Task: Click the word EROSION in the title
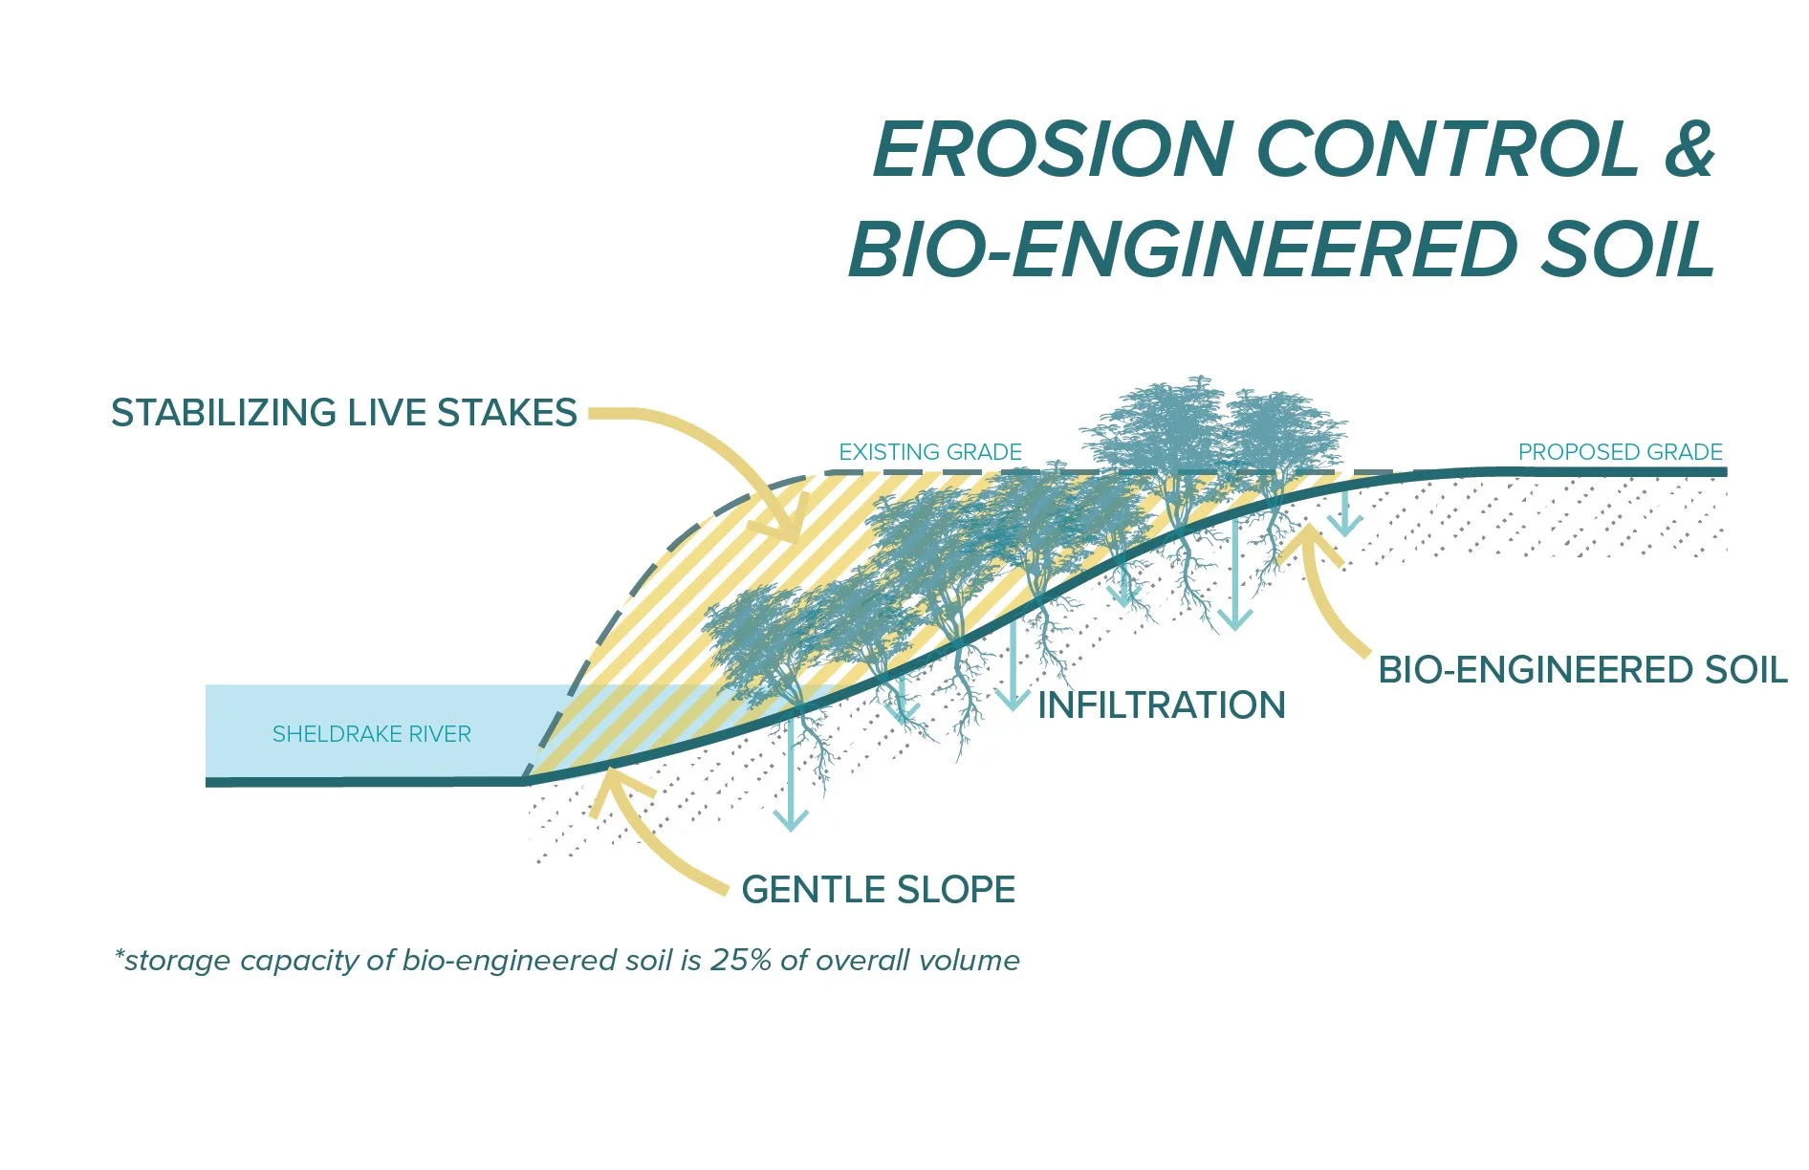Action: coord(1052,150)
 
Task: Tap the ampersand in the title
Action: coord(1689,150)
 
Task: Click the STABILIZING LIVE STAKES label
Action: coord(344,413)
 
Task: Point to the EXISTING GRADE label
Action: coord(929,452)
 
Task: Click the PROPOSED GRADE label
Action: coord(1620,452)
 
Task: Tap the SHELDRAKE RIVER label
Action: coord(371,734)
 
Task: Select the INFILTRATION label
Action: coord(1161,705)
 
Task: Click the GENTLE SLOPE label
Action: coord(878,890)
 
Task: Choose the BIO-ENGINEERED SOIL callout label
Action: coord(1581,670)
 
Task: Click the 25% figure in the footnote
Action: coord(740,960)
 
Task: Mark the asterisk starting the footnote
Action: coord(120,956)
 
